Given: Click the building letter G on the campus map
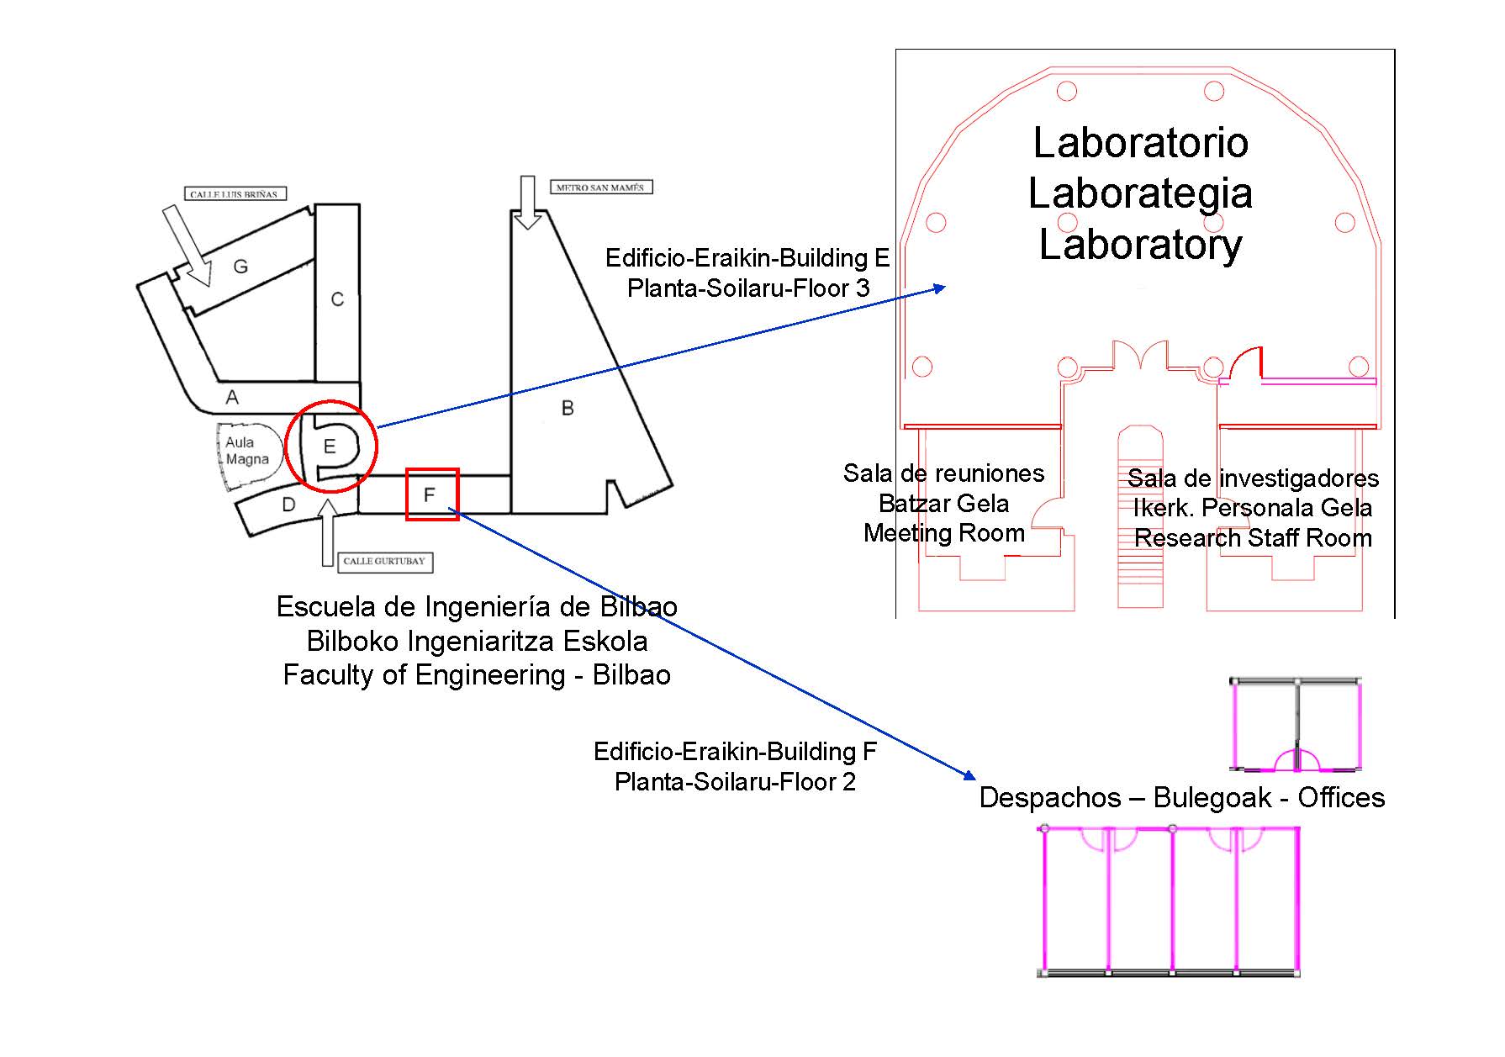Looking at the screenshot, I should [240, 267].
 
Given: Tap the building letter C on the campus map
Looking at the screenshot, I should [337, 299].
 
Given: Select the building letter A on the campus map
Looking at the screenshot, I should [232, 398].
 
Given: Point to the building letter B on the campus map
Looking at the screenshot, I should [568, 409].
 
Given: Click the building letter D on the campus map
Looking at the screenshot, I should [288, 505].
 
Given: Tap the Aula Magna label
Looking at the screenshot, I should [246, 451].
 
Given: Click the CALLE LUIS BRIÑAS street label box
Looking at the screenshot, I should [235, 194].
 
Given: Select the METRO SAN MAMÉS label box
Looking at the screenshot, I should [600, 188].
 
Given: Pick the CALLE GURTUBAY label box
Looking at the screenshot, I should [385, 562].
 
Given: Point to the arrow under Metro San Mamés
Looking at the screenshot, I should [527, 203].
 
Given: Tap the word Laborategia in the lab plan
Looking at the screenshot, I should [1140, 193].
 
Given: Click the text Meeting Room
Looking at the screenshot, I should [943, 533].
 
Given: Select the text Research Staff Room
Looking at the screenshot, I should [1253, 538].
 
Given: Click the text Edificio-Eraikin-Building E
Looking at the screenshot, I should [747, 258].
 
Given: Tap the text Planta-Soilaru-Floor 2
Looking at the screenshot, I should [735, 782].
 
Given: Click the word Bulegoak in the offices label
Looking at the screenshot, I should [1212, 797].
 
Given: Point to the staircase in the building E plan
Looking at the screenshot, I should [1140, 521].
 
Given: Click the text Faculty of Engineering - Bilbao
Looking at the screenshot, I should [477, 675].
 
